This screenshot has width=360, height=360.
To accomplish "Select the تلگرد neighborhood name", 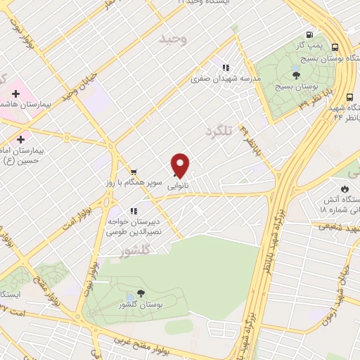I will pyautogui.click(x=219, y=131).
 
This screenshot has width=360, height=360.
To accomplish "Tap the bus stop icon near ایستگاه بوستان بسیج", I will pyautogui.click(x=333, y=47).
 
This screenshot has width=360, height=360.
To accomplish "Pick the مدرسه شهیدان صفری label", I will pyautogui.click(x=226, y=79).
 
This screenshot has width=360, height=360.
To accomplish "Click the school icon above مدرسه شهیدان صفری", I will pyautogui.click(x=226, y=68).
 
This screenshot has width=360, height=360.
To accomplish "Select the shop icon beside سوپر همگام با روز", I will pyautogui.click(x=134, y=172).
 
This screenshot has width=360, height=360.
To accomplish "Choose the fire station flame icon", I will pyautogui.click(x=344, y=188).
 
